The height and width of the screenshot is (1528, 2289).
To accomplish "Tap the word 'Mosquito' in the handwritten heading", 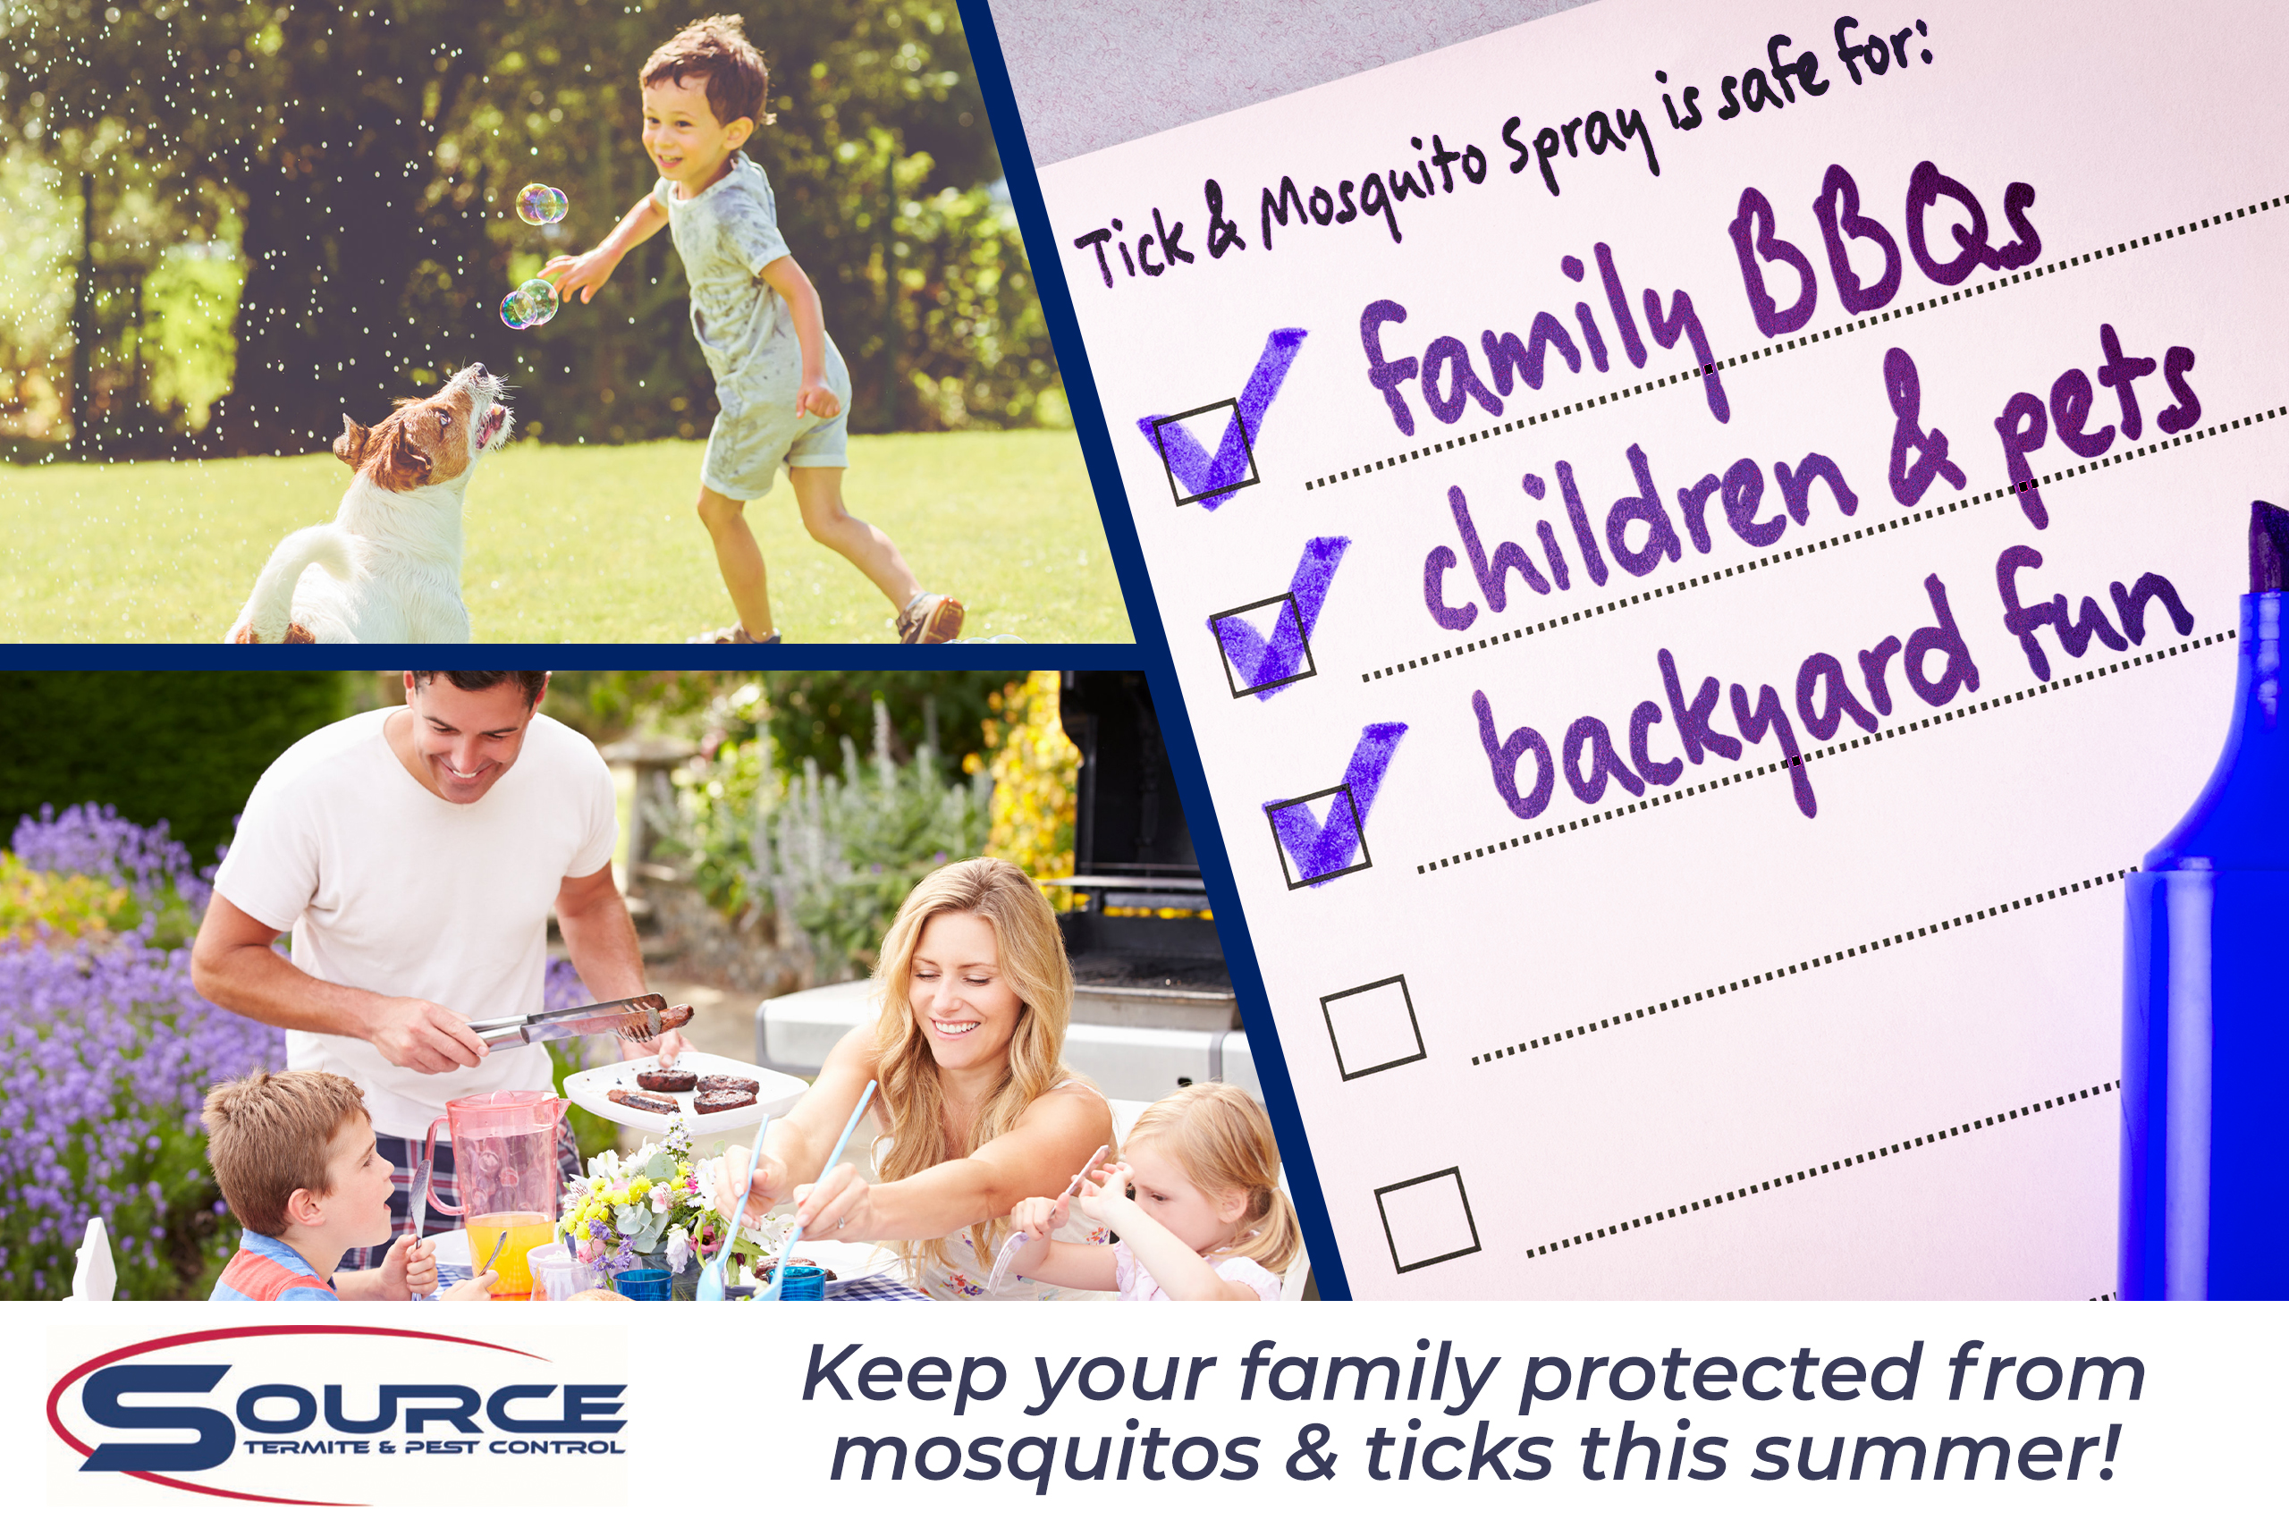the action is (1374, 191).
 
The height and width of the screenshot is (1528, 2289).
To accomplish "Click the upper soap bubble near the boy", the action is (541, 204).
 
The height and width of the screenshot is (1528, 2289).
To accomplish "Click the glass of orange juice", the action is (507, 1253).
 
